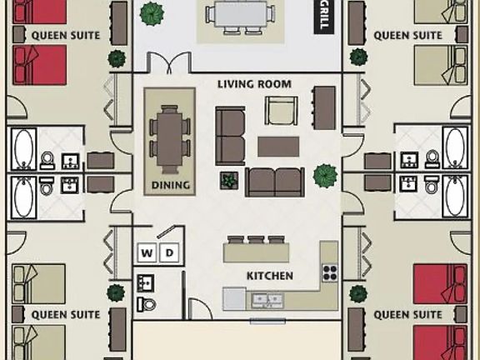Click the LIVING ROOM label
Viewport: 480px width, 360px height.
[x=254, y=84]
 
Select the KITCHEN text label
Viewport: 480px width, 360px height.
[x=269, y=276]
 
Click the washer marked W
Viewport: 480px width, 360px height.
[x=146, y=252]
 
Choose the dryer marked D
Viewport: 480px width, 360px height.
[x=167, y=252]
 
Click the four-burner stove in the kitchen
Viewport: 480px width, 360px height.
[x=330, y=272]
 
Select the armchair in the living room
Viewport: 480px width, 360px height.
[x=280, y=110]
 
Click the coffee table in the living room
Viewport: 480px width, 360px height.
[x=278, y=147]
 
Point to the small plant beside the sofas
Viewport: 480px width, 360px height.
[x=227, y=180]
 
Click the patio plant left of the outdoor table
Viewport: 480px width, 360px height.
[x=152, y=13]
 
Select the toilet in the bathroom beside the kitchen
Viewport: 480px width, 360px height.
[x=147, y=301]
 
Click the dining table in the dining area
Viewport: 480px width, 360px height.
[x=169, y=137]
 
